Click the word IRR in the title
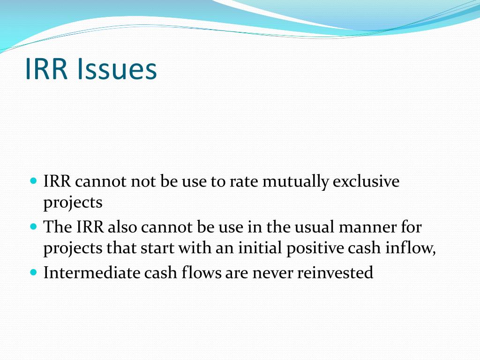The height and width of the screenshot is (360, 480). tap(46, 69)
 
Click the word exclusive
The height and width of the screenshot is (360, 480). tap(366, 182)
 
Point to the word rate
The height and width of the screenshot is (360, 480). tap(243, 182)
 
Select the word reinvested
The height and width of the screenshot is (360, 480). tap(335, 272)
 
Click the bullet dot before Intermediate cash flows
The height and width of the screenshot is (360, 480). tap(33, 272)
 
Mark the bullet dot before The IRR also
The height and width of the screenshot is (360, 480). tap(33, 226)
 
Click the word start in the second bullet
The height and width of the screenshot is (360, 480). tap(157, 248)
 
